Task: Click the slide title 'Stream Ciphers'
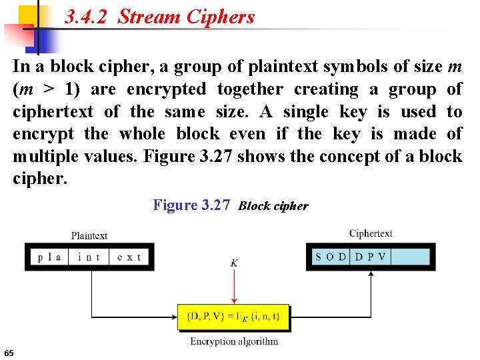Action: pos(186,17)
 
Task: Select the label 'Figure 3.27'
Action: pos(192,205)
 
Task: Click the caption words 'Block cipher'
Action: pos(273,206)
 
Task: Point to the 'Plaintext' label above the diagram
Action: pos(89,235)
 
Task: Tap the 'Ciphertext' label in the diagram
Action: pos(371,233)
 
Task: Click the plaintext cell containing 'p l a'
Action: pos(49,257)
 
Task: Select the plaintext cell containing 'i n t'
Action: pos(89,257)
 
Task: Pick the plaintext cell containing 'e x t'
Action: pos(129,257)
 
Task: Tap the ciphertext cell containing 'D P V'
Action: pos(370,257)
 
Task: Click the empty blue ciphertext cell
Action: pos(409,257)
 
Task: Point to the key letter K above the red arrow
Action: pos(234,263)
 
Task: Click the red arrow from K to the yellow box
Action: pos(233,287)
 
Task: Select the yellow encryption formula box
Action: pos(233,317)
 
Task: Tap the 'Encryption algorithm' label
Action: pos(234,341)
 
